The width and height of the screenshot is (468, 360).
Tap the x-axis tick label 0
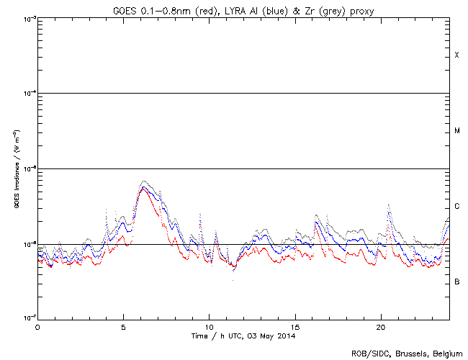click(x=37, y=327)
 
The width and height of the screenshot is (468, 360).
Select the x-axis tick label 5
click(x=123, y=327)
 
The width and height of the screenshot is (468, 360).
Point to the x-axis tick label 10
click(x=209, y=327)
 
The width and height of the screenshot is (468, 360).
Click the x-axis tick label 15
click(x=295, y=327)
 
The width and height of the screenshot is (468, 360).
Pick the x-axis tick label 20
click(x=381, y=327)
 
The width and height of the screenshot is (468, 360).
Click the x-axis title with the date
click(x=243, y=336)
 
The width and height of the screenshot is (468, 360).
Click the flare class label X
click(x=456, y=55)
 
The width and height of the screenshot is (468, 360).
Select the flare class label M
click(x=456, y=131)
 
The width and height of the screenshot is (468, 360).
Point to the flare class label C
click(x=456, y=207)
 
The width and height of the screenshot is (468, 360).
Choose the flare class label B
click(x=456, y=282)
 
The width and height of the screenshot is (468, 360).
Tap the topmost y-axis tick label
click(x=27, y=19)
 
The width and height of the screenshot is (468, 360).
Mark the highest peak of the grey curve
click(x=144, y=181)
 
